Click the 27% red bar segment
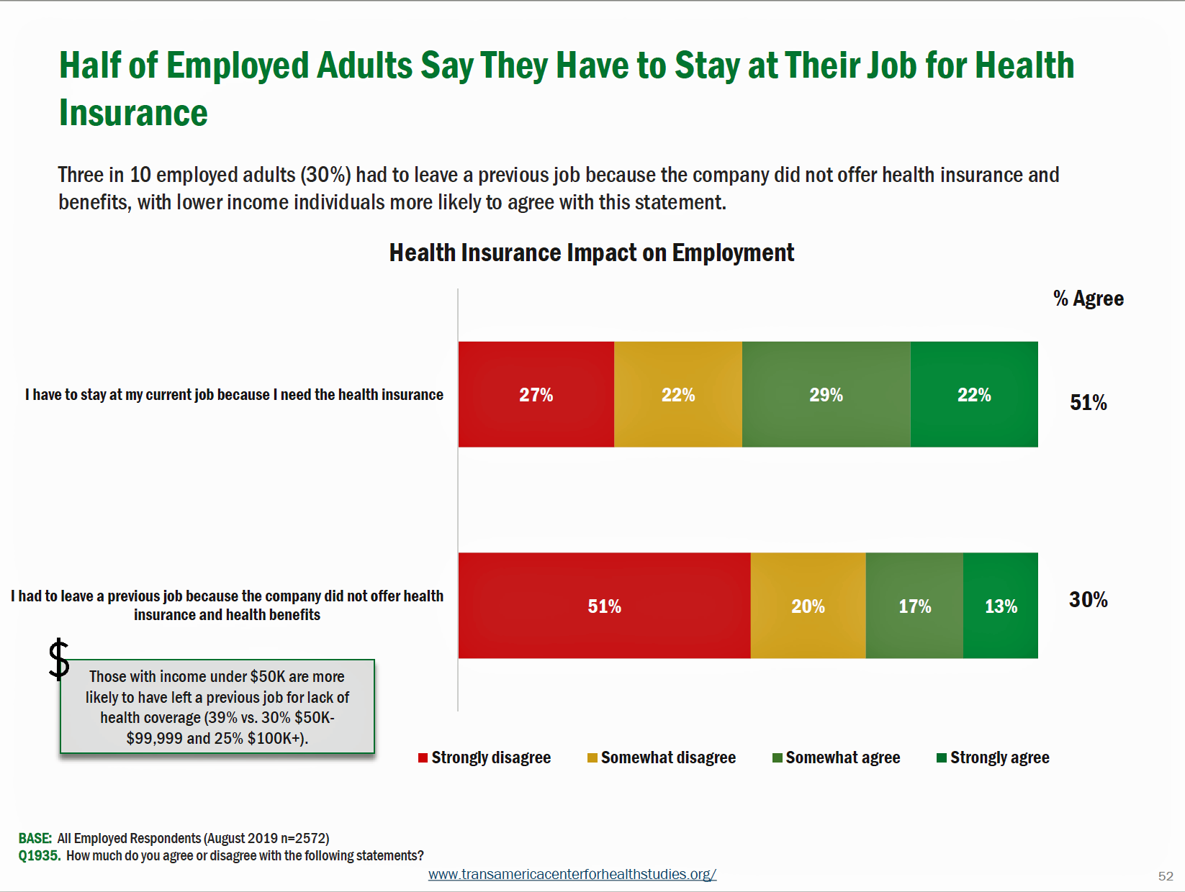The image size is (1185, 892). (x=536, y=394)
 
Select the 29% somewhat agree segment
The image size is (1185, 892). (x=826, y=394)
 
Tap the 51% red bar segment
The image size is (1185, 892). (x=604, y=606)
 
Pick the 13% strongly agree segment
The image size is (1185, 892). (x=1001, y=606)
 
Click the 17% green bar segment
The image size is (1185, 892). (x=914, y=606)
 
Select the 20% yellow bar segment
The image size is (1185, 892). (x=808, y=606)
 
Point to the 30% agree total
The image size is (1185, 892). (x=1088, y=600)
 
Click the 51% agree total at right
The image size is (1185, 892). (x=1088, y=402)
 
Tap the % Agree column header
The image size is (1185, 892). (x=1088, y=299)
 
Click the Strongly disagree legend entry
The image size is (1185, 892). (x=485, y=757)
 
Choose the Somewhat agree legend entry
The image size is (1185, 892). (x=836, y=757)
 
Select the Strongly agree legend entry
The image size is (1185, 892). (x=993, y=757)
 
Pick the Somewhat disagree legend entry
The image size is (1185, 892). (x=662, y=757)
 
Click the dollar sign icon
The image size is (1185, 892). (x=59, y=659)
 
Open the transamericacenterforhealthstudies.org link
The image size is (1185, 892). (x=572, y=874)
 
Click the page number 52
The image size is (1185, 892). (x=1166, y=876)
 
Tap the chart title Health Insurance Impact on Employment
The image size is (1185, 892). (x=591, y=253)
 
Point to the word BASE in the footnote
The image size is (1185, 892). (x=35, y=838)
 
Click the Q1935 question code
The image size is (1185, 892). (x=39, y=855)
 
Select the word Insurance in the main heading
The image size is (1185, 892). (x=133, y=113)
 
